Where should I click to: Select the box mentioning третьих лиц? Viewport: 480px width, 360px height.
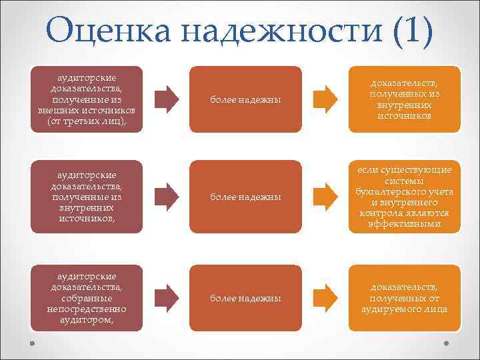point(87,99)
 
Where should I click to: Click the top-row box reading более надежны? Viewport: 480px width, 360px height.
point(245,99)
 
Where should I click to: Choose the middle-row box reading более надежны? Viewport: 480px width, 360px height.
point(245,197)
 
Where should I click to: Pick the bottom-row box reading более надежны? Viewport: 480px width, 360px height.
point(245,298)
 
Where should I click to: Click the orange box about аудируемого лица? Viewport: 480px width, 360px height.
point(405,298)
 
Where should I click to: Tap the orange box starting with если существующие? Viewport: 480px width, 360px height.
point(405,197)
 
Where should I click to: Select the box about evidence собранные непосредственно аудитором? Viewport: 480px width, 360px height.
point(87,298)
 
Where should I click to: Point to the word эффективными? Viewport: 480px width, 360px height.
point(405,224)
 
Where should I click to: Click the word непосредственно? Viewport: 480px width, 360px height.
point(87,309)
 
